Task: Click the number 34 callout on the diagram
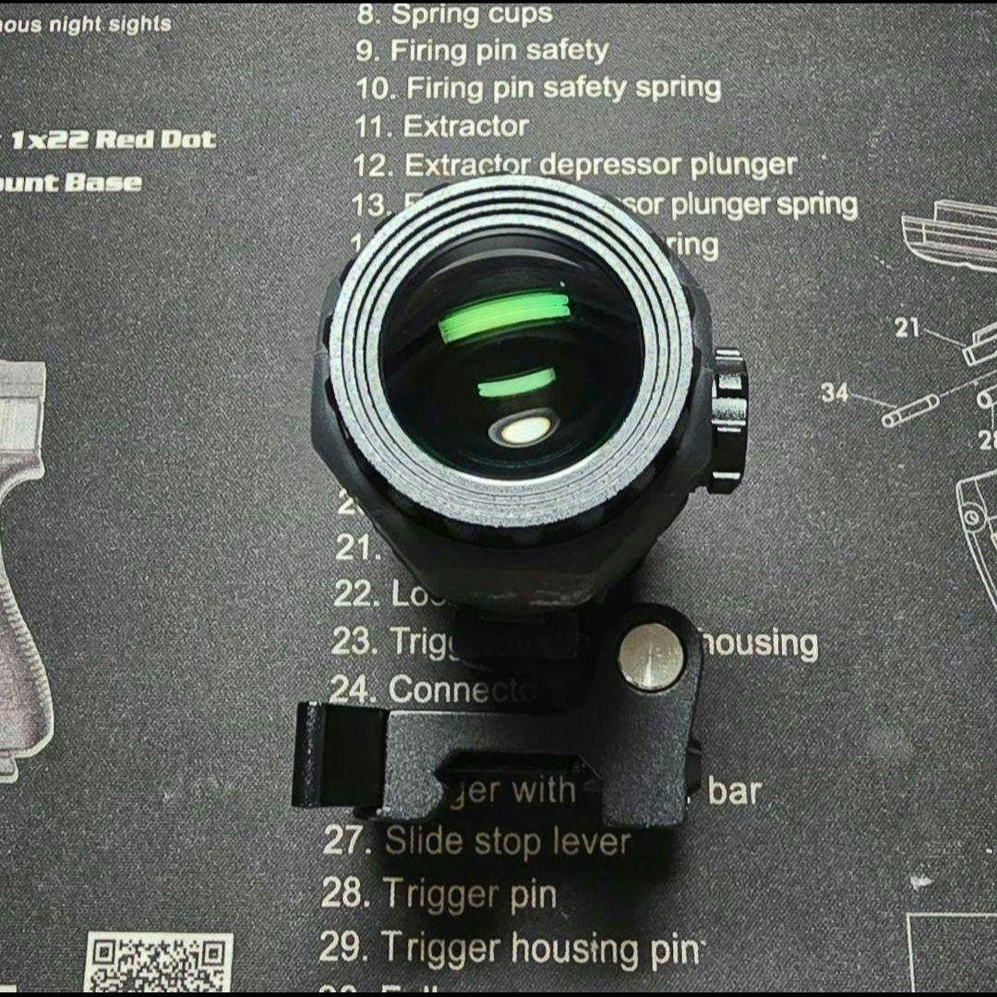click(x=835, y=392)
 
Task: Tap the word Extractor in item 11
click(x=466, y=126)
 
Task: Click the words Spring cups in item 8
click(x=472, y=14)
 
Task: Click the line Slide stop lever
click(x=507, y=842)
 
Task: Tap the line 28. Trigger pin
click(x=439, y=894)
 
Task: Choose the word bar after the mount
click(x=734, y=792)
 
